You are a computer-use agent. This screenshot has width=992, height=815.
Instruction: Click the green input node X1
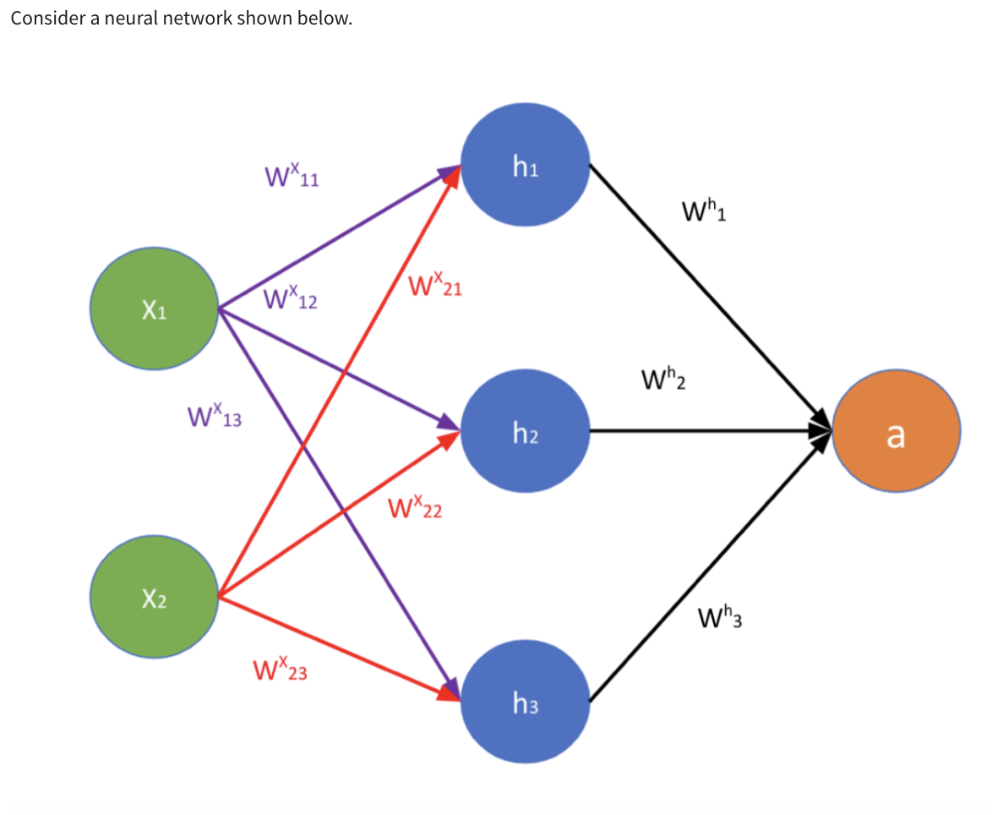click(x=155, y=309)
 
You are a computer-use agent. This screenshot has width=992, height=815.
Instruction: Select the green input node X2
click(x=155, y=599)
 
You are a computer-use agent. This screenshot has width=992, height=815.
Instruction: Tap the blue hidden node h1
click(x=525, y=167)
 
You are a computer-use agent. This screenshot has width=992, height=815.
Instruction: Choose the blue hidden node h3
click(x=525, y=701)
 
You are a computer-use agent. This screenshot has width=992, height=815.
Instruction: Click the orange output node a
click(x=896, y=433)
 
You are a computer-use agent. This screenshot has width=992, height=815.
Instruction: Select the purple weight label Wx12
click(x=290, y=298)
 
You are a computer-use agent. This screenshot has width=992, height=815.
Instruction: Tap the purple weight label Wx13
click(x=214, y=416)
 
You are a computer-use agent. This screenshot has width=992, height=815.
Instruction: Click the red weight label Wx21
click(x=433, y=286)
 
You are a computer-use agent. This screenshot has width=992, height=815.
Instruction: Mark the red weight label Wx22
click(x=415, y=509)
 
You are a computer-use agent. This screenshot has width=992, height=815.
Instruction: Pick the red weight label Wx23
click(x=280, y=671)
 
